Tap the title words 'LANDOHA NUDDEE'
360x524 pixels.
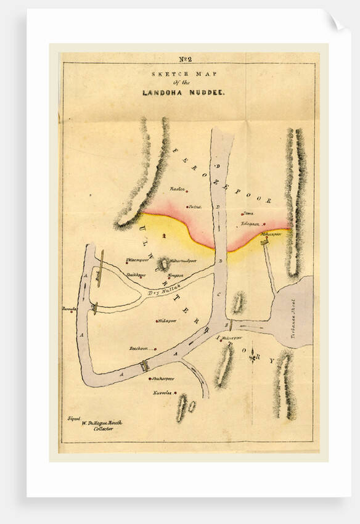pos(184,92)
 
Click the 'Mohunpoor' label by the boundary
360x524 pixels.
pos(270,234)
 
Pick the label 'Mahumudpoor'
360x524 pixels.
pos(183,260)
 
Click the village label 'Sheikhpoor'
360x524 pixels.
pos(136,275)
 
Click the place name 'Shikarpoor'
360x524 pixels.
pos(163,379)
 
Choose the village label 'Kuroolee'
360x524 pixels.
pos(162,393)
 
